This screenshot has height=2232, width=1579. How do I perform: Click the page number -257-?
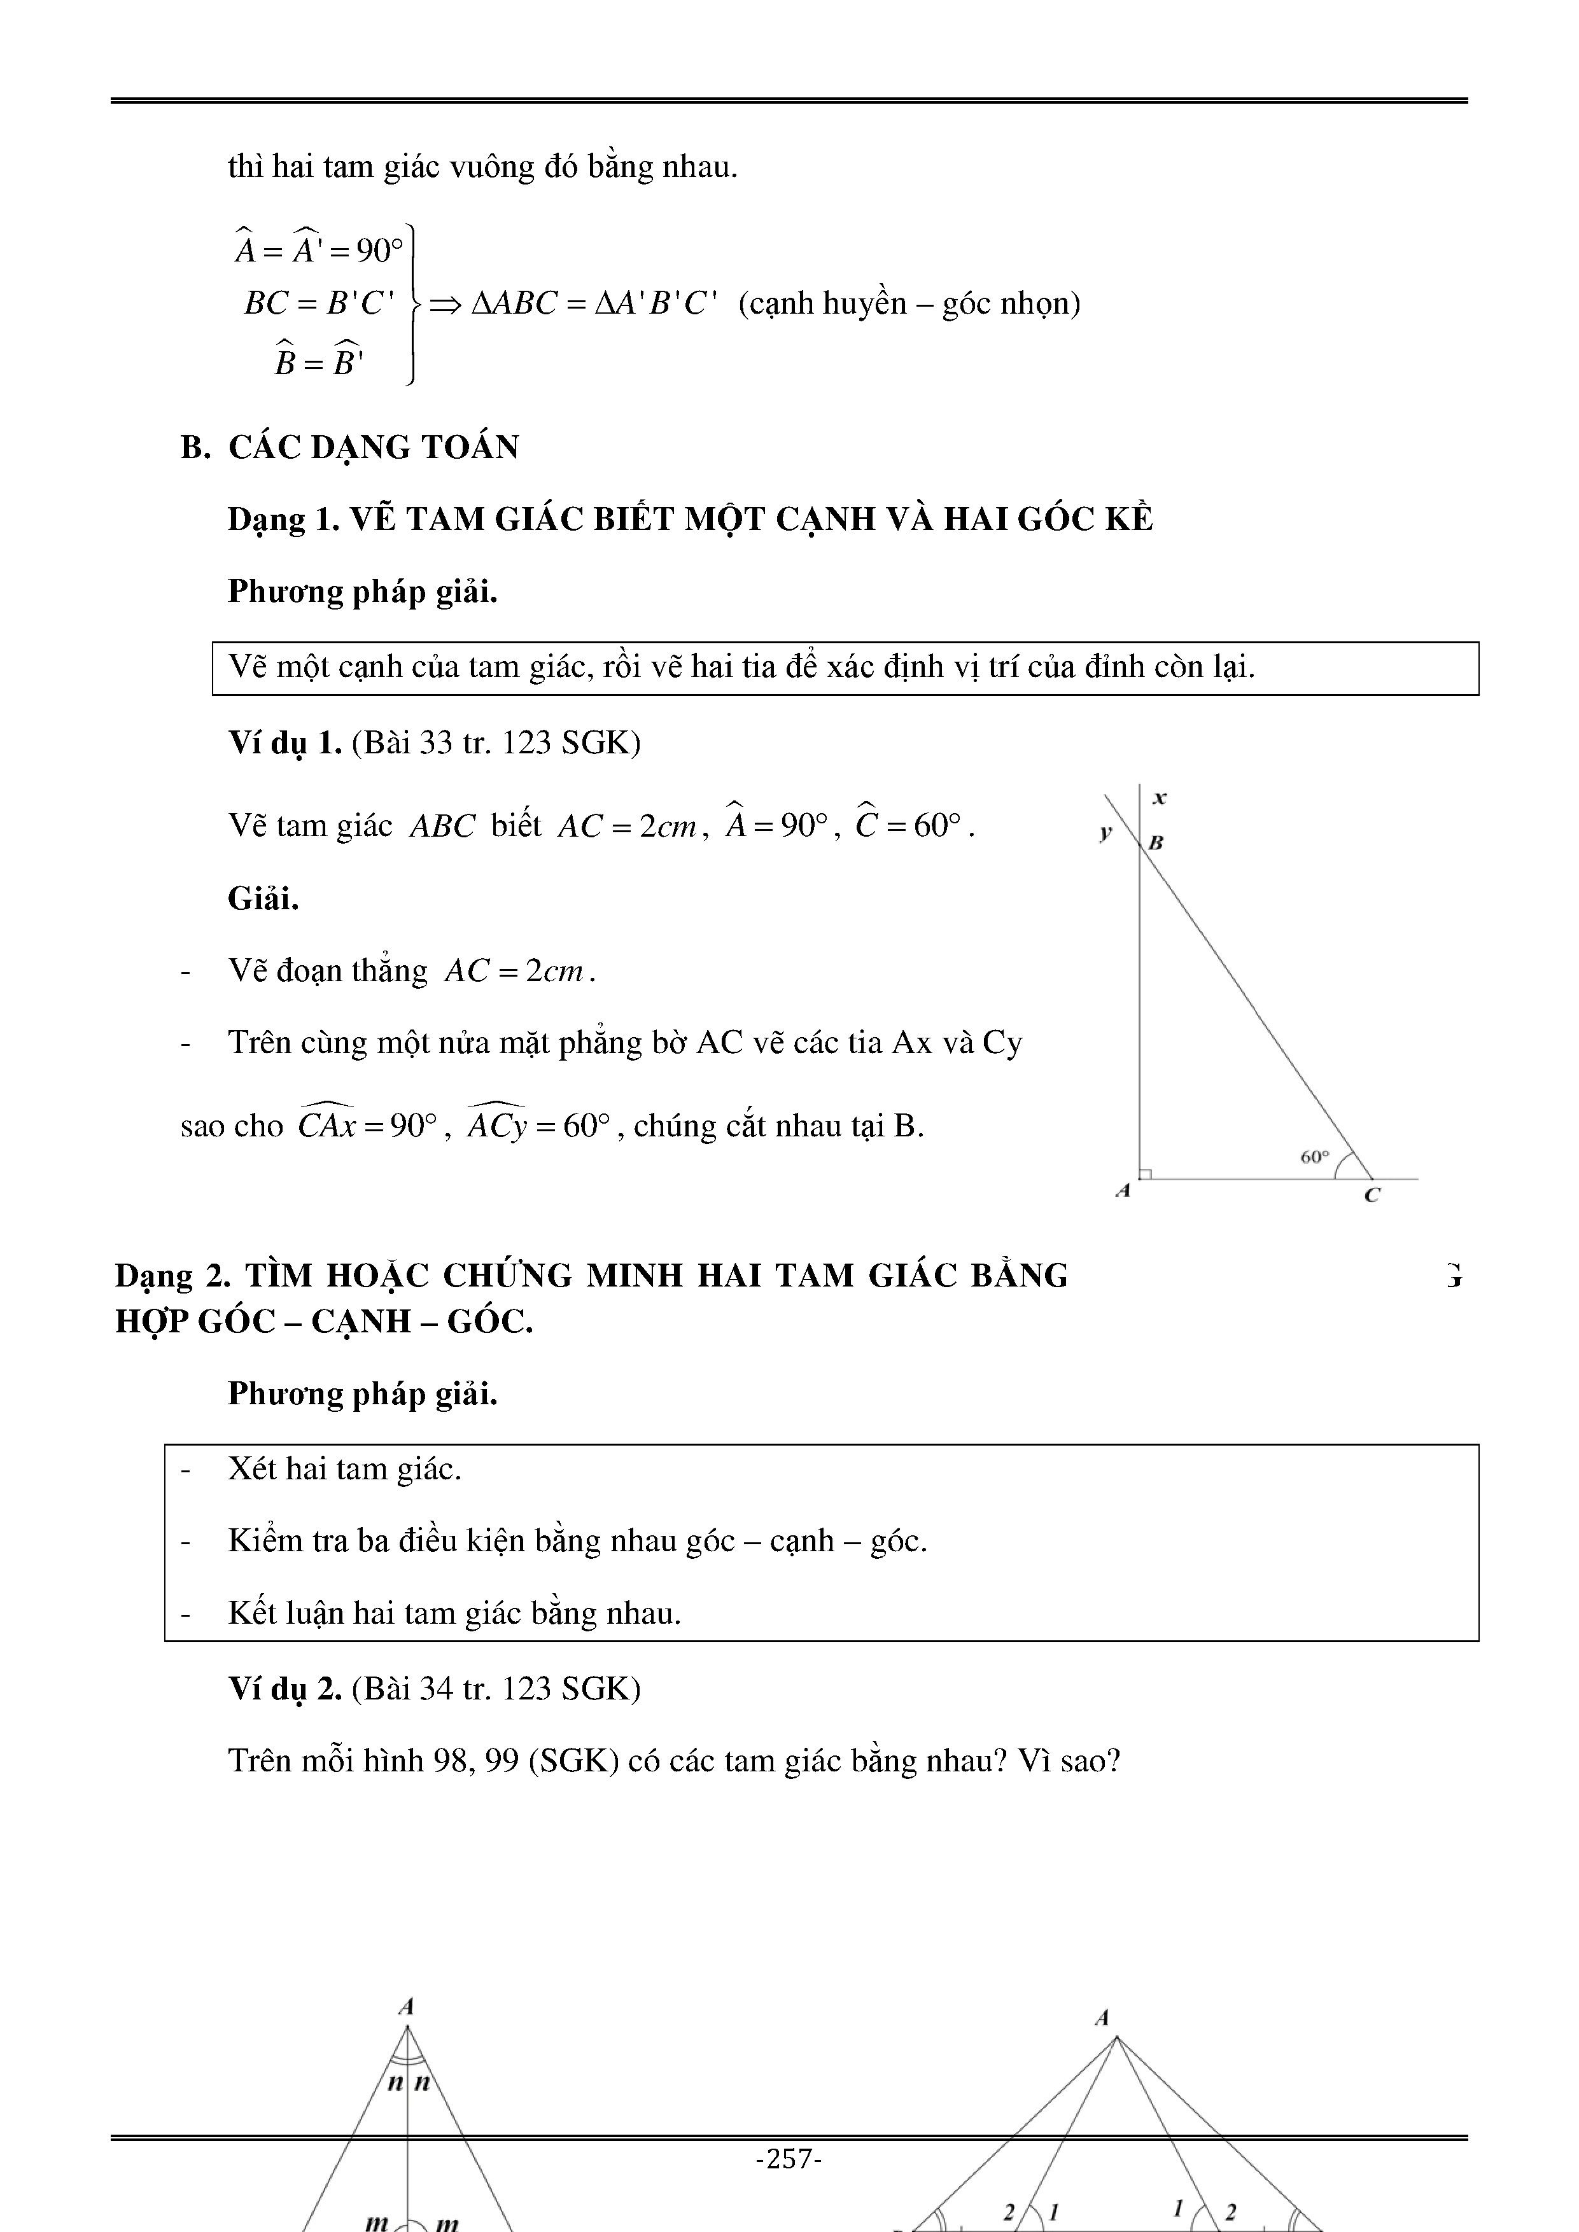pos(789,2159)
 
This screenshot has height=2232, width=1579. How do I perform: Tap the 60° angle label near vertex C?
pos(1314,1157)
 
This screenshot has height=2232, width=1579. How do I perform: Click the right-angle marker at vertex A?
pos(1146,1173)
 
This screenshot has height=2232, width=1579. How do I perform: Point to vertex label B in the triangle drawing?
pos(1156,843)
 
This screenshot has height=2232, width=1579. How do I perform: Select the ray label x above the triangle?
pos(1159,798)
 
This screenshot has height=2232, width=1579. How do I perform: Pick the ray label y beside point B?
pos(1105,832)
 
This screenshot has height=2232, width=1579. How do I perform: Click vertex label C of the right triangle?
pos(1372,1195)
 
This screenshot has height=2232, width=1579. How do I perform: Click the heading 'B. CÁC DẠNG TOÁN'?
pos(350,447)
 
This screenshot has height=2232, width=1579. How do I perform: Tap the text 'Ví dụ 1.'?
pos(285,743)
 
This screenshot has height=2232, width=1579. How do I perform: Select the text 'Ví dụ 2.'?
pos(285,1689)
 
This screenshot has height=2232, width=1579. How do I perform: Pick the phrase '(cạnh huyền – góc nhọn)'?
pos(909,303)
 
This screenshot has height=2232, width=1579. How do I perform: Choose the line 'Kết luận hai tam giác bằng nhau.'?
pos(454,1613)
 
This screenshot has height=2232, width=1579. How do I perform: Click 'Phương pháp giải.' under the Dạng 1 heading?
pos(363,591)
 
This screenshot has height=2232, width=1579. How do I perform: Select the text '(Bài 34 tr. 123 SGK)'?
pos(496,1689)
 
